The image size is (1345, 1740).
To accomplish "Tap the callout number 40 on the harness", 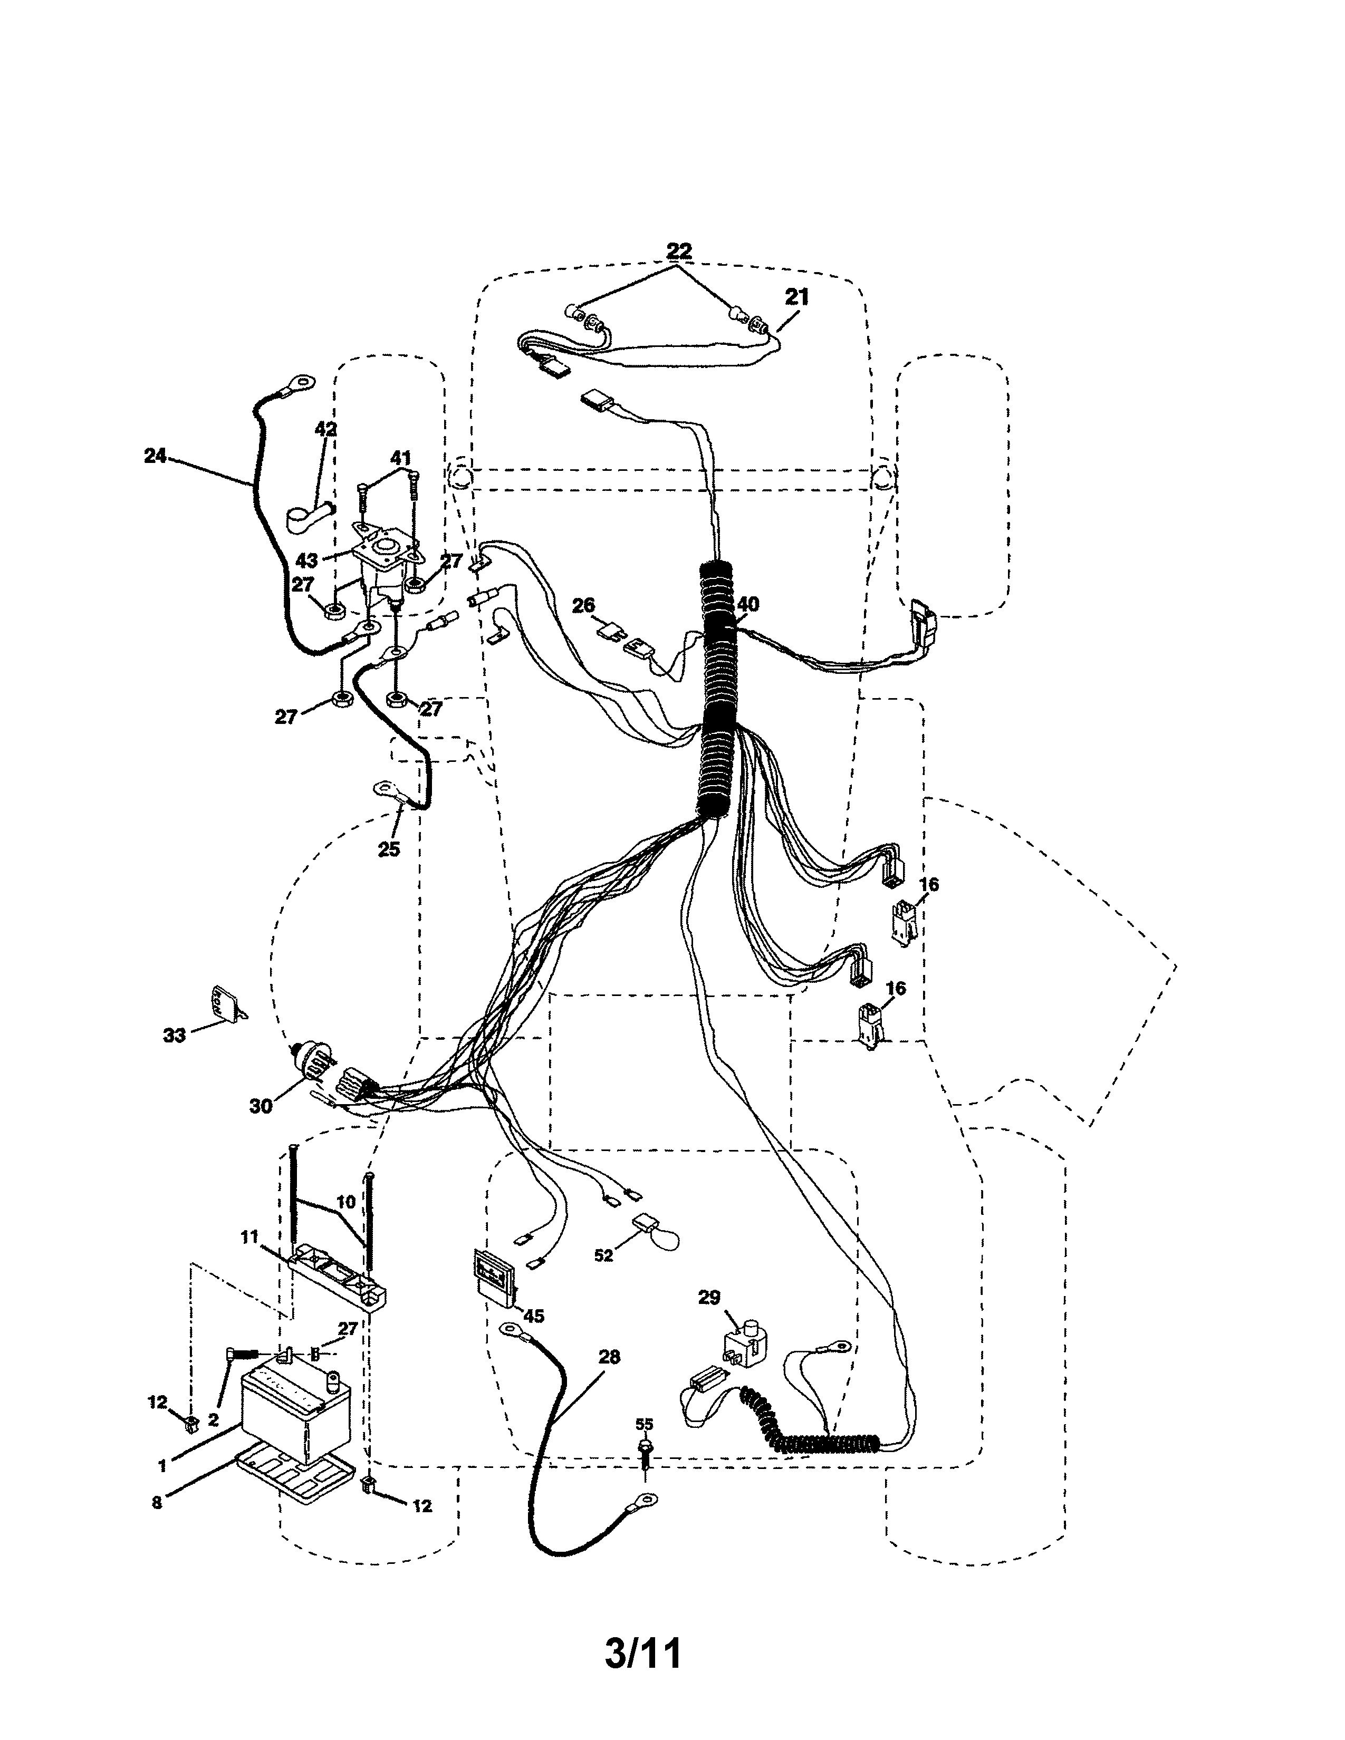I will (x=747, y=605).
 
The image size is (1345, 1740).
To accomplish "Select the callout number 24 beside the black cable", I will (x=156, y=456).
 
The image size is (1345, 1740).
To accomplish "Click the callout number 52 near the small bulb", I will (x=604, y=1255).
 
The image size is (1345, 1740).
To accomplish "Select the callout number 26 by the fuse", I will (x=583, y=605).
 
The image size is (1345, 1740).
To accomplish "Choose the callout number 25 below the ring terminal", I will (x=388, y=849).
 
